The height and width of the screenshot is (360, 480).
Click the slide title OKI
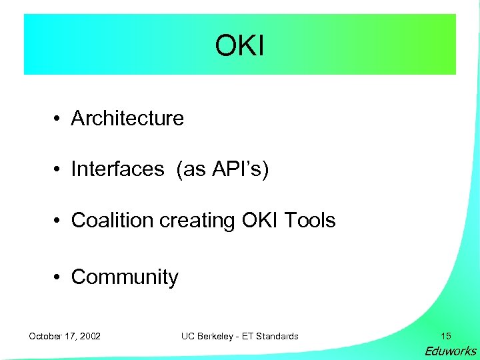pos(240,45)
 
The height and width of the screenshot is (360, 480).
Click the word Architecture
pos(127,118)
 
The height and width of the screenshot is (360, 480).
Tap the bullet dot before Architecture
pos(59,119)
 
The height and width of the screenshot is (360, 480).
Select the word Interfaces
pos(117,169)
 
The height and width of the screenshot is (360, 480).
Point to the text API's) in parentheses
pos(241,169)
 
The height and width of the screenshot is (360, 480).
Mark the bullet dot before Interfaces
pos(59,170)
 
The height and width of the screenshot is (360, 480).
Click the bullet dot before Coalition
pos(59,221)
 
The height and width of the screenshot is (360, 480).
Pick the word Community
pos(125,277)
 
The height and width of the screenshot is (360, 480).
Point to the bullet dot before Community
pos(59,277)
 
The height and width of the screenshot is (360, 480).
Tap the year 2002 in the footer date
pos(89,336)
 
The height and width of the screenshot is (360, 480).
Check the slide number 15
pos(445,336)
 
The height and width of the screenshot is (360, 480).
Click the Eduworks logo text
pos(451,351)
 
